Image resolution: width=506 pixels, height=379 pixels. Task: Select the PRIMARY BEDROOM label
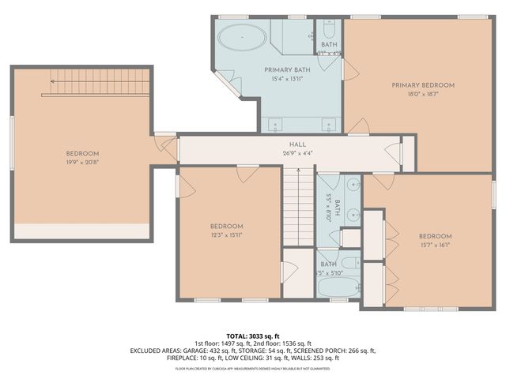point(423,85)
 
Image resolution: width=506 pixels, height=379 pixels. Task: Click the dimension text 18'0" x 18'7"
point(423,94)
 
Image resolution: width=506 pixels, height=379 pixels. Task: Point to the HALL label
point(297,144)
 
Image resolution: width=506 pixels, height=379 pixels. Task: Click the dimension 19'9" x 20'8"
point(82,163)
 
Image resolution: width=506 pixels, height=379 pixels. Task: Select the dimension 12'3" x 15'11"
point(226,235)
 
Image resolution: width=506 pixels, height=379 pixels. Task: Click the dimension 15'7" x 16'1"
point(435,246)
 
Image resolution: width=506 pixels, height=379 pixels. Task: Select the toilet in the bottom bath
point(351,262)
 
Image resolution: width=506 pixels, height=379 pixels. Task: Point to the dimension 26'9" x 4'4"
point(297,153)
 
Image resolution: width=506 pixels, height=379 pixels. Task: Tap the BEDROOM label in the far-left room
point(82,153)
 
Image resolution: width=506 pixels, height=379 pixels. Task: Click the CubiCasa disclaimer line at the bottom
point(253,368)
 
